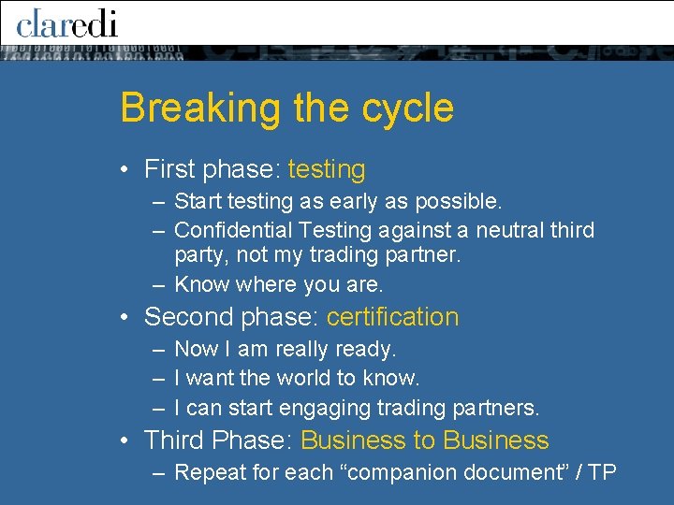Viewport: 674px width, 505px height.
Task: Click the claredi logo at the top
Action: pyautogui.click(x=67, y=22)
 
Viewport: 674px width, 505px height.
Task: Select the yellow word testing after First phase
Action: pyautogui.click(x=327, y=169)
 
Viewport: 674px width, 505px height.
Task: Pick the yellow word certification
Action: pyautogui.click(x=392, y=317)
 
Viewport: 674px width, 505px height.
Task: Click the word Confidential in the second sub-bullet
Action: pyautogui.click(x=233, y=230)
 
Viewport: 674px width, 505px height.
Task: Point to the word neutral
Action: pyautogui.click(x=518, y=230)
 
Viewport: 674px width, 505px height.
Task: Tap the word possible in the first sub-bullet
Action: pyautogui.click(x=462, y=201)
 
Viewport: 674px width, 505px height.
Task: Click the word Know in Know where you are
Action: pyautogui.click(x=201, y=284)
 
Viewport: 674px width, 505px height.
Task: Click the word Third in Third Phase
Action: pyautogui.click(x=173, y=440)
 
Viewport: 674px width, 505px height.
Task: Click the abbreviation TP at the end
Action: pyautogui.click(x=602, y=472)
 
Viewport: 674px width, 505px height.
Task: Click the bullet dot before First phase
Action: pyautogui.click(x=125, y=170)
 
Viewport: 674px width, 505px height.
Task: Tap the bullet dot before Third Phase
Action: pyautogui.click(x=125, y=441)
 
